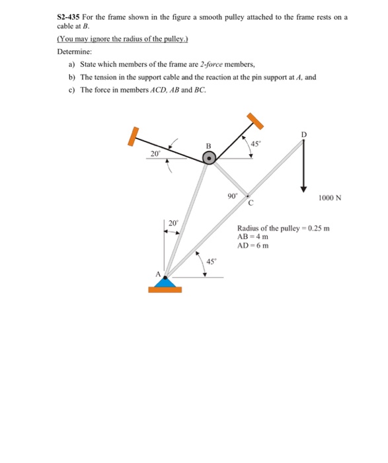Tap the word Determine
[x=75, y=51]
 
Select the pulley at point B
[x=209, y=157]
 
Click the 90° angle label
[x=232, y=196]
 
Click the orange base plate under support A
[x=165, y=289]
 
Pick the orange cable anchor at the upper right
[x=255, y=120]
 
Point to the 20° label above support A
[x=173, y=223]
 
